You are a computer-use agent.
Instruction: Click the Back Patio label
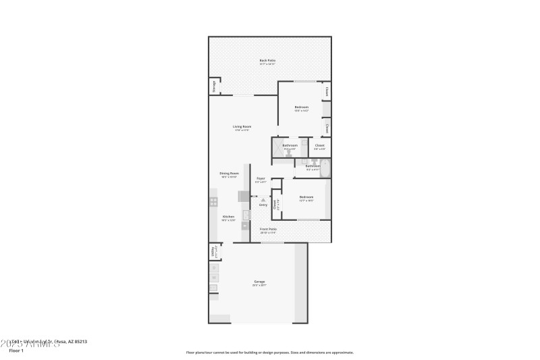[x=267, y=61]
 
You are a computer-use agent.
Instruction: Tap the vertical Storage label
[x=214, y=86]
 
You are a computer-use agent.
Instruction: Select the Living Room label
[x=242, y=127]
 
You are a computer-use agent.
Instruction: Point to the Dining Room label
[x=229, y=174]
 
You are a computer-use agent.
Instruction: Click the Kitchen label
[x=228, y=217]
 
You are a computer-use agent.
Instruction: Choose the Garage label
[x=259, y=282]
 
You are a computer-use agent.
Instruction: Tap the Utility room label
[x=214, y=252]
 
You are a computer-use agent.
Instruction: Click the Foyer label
[x=260, y=178]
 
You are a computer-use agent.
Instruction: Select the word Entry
[x=263, y=205]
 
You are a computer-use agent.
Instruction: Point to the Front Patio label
[x=268, y=229]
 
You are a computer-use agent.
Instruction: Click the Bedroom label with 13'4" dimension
[x=301, y=107]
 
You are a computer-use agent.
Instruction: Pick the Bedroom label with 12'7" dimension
[x=306, y=197]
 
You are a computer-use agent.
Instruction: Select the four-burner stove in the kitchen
[x=214, y=201]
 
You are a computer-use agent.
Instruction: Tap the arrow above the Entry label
[x=263, y=199]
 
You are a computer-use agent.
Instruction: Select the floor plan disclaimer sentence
[x=269, y=352]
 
